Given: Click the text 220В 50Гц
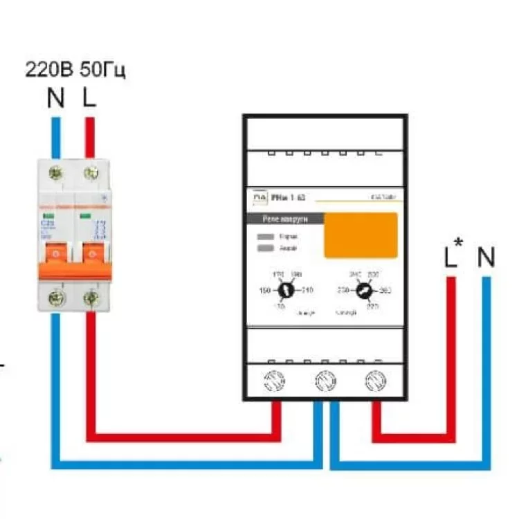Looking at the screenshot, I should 76,71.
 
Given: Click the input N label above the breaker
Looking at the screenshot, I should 55,98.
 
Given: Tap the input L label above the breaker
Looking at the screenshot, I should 89,98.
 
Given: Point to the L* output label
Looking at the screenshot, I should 452,257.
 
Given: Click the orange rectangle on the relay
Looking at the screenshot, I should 361,235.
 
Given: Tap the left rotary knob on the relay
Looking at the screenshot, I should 282,291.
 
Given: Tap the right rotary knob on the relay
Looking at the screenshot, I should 360,291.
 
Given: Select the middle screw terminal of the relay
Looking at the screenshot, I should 325,380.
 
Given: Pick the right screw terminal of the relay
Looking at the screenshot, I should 376,380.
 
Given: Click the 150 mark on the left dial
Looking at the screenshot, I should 264,291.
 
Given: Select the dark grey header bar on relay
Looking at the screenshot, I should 284,219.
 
